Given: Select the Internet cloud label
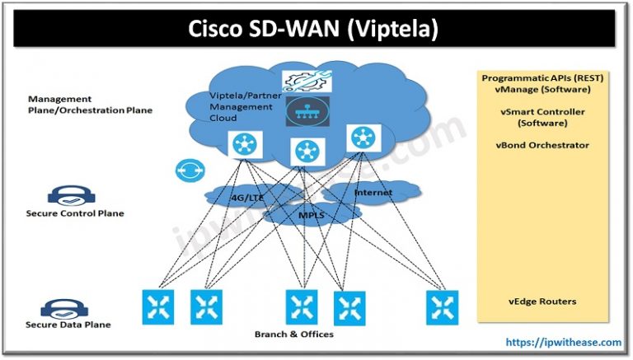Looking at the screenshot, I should [373, 193].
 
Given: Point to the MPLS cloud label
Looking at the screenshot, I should [311, 217].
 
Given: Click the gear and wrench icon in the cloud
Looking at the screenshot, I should [306, 82].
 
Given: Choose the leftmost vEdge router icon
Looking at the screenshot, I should [157, 307].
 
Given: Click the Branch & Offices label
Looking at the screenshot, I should [293, 334].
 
